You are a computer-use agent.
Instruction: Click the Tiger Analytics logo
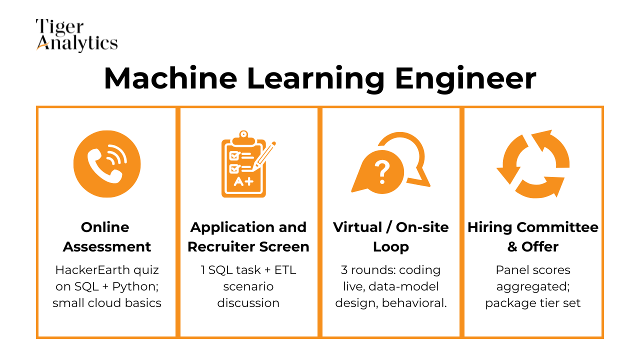coord(76,35)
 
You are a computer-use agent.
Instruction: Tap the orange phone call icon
coord(107,164)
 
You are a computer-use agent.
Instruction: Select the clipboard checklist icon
coord(244,164)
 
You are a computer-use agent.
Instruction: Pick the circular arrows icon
coord(533,164)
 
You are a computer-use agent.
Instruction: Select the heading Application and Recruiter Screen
coord(248,236)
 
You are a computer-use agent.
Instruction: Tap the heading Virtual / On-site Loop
coord(391,236)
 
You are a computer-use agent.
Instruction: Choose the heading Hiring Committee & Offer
coord(533,236)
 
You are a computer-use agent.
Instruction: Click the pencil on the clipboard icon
coord(265,155)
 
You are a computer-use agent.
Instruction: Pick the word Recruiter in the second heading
coord(223,246)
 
